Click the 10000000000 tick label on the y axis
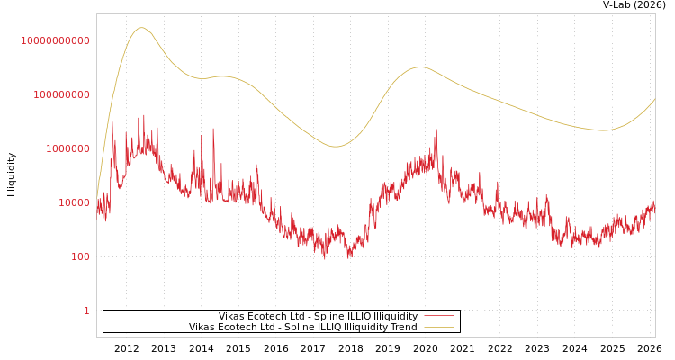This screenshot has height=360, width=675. coord(56,40)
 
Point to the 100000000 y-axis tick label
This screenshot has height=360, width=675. coord(62,94)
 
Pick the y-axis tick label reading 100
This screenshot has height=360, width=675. coord(81,256)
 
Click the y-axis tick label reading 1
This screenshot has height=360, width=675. coord(87,310)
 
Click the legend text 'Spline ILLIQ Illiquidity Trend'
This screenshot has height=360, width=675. coord(343,328)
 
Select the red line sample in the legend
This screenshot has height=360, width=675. coord(439,317)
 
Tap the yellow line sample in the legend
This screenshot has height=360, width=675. coord(439,328)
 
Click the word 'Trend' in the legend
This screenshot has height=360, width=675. coord(402,328)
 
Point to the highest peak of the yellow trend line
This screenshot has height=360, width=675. coord(140,28)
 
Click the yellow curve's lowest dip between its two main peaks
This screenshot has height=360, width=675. coord(335,147)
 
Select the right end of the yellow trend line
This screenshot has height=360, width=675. coord(654,99)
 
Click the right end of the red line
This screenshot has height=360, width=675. coord(654,203)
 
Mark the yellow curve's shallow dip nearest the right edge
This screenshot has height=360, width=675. coord(604,130)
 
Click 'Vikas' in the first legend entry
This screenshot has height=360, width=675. coord(233,317)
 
